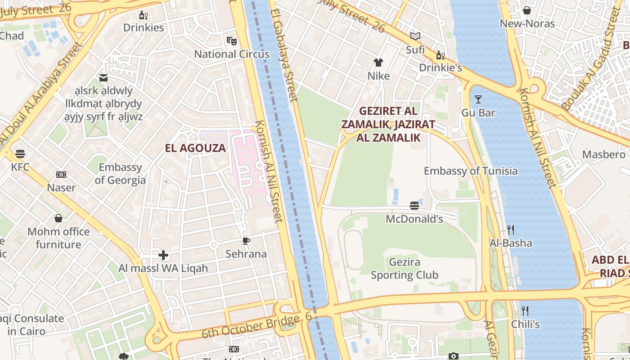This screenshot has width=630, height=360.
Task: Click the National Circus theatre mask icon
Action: (232, 41)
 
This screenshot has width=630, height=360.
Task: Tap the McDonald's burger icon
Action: (414, 206)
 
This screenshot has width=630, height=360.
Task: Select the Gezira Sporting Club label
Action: (404, 269)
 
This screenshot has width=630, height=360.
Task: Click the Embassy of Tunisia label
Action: (471, 171)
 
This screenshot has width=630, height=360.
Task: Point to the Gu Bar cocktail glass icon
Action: (478, 99)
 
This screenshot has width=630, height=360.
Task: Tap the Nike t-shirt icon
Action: (378, 63)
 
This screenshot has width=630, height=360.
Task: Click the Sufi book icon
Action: (415, 36)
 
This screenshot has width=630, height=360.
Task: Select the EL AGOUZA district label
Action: (195, 148)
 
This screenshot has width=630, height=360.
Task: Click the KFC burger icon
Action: (20, 154)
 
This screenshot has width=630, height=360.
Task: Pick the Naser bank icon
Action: (61, 175)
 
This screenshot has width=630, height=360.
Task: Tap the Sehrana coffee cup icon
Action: (246, 241)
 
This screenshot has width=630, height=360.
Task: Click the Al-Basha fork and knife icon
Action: (511, 230)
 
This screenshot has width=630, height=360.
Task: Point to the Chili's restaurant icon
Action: (525, 311)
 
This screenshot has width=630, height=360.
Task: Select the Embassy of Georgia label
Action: (120, 174)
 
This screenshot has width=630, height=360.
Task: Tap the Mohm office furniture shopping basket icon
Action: (58, 219)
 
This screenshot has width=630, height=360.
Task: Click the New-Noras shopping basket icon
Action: (527, 10)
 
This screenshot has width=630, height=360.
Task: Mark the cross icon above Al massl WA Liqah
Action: (163, 256)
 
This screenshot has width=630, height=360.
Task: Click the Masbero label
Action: (603, 154)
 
